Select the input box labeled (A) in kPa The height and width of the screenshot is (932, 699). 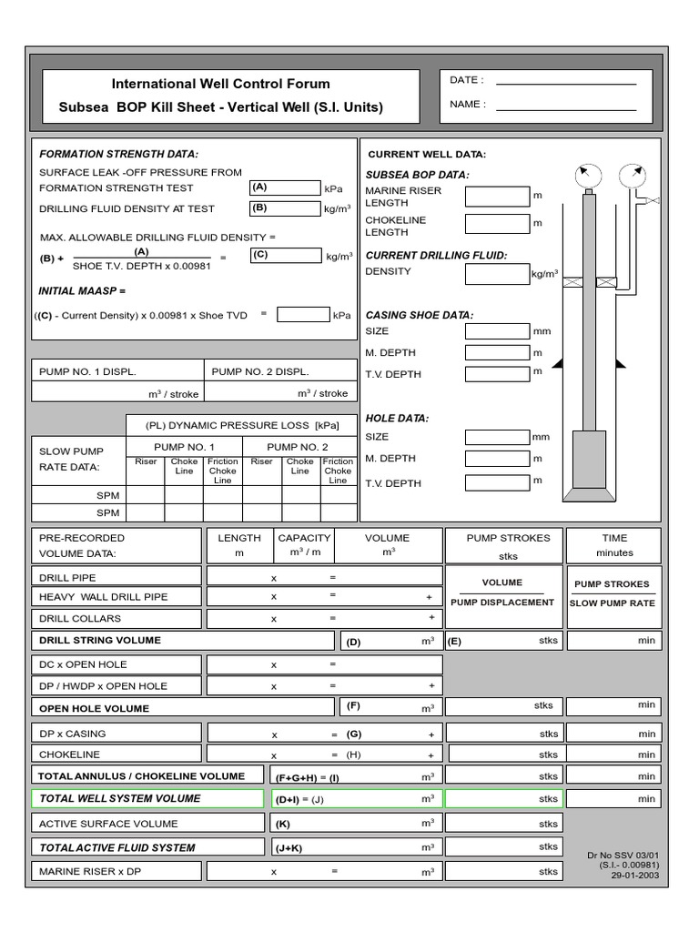285,187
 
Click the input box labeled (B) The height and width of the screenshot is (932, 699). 285,208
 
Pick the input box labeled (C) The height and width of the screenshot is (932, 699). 285,256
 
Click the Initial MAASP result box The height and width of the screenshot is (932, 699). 303,315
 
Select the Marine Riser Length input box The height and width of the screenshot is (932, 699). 496,197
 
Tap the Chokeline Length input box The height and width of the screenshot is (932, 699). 496,224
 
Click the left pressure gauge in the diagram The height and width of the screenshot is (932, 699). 587,175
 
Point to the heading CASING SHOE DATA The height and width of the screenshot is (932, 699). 419,315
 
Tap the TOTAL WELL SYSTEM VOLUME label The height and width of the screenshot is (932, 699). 119,798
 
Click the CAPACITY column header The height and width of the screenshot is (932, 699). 304,538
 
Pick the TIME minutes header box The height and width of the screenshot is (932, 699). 614,545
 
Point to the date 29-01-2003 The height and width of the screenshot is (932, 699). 636,876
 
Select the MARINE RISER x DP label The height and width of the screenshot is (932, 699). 90,871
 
